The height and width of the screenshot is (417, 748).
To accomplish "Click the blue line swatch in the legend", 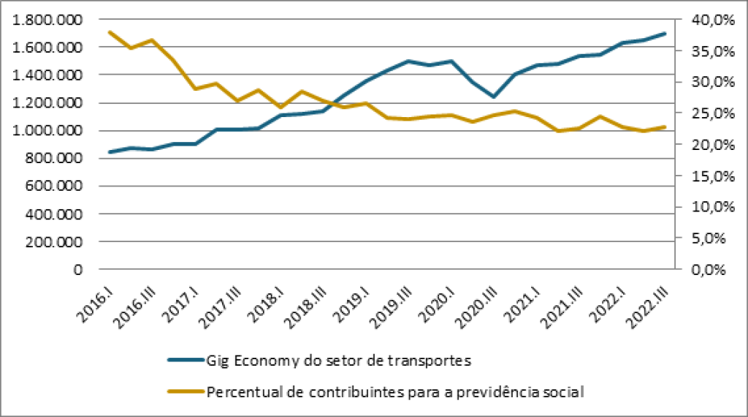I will point(186,360).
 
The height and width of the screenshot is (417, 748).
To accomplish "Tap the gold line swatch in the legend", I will point(186,391).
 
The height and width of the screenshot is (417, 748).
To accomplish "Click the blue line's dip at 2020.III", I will point(495,97).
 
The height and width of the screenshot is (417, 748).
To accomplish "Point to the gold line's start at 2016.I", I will point(110,32).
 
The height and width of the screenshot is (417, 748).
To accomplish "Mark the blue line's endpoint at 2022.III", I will point(664,34).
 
